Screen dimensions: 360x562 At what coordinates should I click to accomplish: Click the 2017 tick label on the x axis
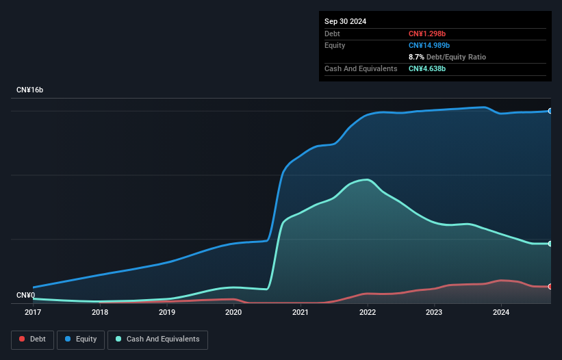tap(33, 313)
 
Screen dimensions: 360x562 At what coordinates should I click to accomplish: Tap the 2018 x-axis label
tap(100, 313)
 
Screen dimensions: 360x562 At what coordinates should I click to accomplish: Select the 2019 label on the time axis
tap(167, 313)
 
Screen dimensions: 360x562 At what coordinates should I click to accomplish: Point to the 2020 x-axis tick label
tap(233, 313)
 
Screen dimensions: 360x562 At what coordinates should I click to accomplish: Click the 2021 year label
tap(301, 313)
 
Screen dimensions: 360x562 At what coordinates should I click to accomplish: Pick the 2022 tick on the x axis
tap(368, 313)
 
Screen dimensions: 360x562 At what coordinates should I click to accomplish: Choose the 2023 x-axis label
tap(434, 313)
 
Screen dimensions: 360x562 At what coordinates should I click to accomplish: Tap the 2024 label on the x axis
tap(501, 313)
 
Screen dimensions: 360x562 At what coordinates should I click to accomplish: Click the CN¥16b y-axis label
tap(30, 90)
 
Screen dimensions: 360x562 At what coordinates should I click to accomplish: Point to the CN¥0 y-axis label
tap(26, 296)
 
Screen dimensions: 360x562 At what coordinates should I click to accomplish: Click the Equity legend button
tap(81, 339)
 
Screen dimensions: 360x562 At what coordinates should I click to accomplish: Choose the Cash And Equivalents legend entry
tap(157, 339)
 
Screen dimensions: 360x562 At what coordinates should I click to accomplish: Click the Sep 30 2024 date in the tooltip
tap(346, 21)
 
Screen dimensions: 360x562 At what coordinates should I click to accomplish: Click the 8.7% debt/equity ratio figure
tap(417, 57)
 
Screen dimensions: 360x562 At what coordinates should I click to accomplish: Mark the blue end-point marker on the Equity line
tap(550, 111)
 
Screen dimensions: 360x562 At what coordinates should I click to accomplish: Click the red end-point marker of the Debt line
tap(550, 287)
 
